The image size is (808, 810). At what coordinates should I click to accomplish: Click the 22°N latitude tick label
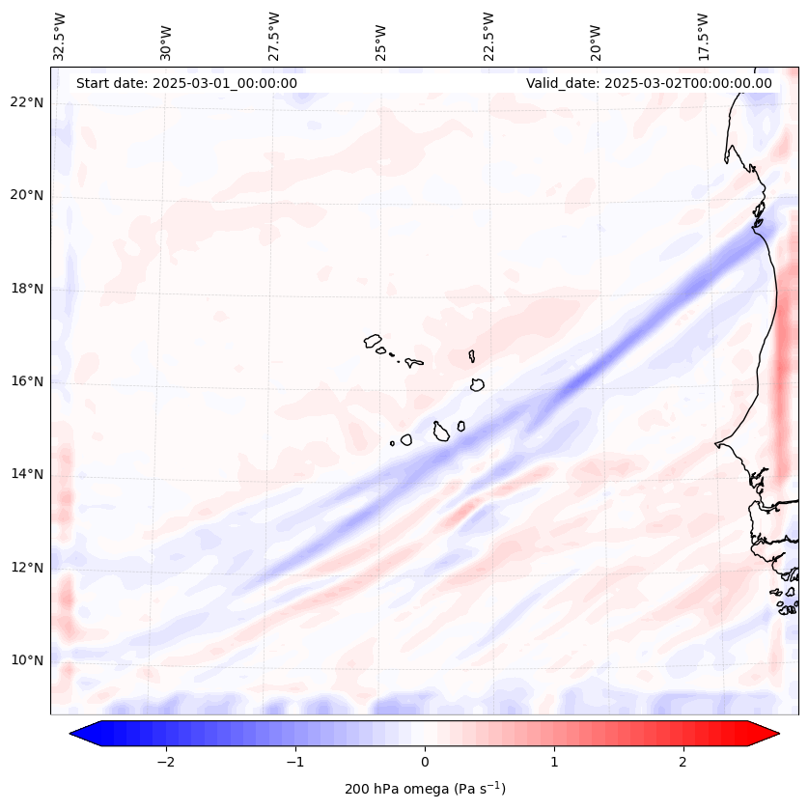pos(26,103)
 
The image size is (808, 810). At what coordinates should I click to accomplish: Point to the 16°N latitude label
pos(26,382)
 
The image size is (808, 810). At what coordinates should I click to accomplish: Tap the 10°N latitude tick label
pos(26,661)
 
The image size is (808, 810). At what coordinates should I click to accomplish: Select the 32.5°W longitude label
pos(60,36)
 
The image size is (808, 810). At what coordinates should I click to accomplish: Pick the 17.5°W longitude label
pos(704,36)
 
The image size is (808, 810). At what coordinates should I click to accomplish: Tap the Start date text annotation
pos(186,83)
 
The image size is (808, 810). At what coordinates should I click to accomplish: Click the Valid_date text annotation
pos(649,83)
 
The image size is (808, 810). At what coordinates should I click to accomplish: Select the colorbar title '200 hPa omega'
pos(425,789)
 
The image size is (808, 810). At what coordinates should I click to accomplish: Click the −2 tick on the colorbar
pos(165,762)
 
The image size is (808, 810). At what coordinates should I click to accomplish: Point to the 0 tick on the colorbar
pos(425,762)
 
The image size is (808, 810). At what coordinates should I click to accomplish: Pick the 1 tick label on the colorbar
pos(554,762)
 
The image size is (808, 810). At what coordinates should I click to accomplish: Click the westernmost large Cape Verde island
pos(373,341)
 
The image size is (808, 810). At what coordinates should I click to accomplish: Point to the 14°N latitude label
pos(26,475)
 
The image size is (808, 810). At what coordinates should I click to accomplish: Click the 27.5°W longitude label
pos(274,36)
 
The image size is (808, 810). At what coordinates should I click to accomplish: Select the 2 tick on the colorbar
pos(683,762)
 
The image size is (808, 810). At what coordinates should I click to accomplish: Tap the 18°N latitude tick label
pos(26,290)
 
